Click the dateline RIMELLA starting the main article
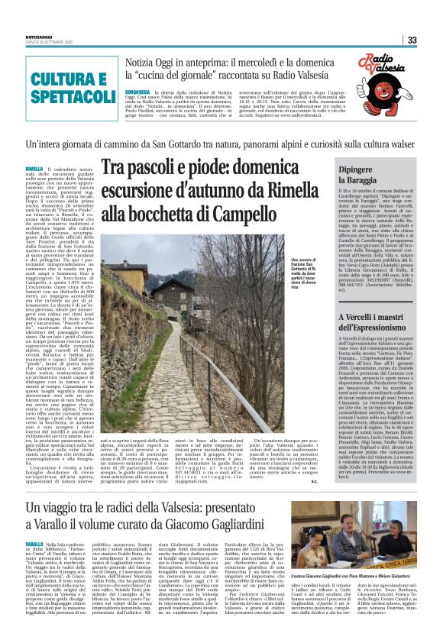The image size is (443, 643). tap(34, 168)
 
